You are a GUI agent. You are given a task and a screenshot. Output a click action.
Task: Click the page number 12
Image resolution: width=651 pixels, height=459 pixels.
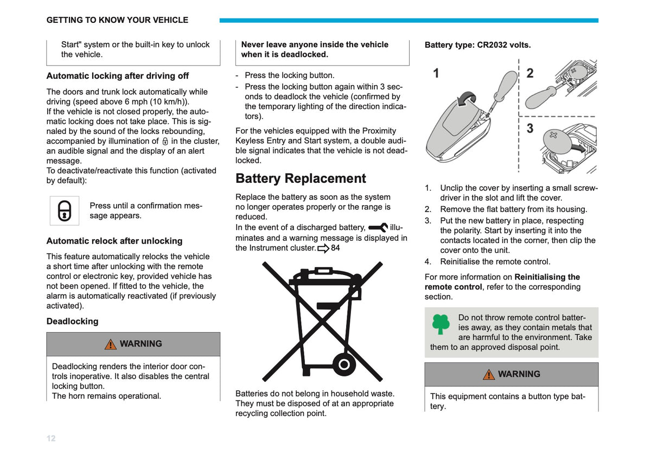(x=51, y=438)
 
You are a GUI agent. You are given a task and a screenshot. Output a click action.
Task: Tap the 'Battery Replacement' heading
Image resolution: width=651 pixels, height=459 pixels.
(x=301, y=178)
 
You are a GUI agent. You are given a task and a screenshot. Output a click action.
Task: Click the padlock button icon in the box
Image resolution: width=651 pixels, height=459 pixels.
(x=65, y=211)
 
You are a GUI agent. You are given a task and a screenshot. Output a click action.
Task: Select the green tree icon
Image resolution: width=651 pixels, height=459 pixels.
(x=441, y=324)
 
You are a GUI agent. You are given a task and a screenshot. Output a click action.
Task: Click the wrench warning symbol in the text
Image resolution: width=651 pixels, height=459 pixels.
(x=378, y=227)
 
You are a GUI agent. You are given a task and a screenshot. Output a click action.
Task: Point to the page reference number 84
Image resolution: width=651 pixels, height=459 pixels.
(x=335, y=248)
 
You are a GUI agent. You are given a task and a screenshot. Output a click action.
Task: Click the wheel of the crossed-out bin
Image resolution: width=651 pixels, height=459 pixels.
(x=344, y=364)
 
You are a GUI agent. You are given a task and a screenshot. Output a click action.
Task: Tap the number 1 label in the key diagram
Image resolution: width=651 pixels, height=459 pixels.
(x=436, y=73)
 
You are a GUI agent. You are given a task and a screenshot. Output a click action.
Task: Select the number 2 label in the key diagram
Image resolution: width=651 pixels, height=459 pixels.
(x=530, y=73)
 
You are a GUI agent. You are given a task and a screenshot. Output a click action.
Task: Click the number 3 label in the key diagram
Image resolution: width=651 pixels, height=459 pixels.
(x=530, y=128)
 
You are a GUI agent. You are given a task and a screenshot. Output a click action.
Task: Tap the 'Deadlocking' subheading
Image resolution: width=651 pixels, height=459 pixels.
(x=72, y=321)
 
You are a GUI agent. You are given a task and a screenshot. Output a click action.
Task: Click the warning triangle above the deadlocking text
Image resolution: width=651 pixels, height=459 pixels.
(x=111, y=344)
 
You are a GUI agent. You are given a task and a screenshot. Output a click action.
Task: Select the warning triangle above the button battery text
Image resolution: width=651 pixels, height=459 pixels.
(x=489, y=374)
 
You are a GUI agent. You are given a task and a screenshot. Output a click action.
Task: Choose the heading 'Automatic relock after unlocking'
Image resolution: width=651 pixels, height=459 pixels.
(x=114, y=241)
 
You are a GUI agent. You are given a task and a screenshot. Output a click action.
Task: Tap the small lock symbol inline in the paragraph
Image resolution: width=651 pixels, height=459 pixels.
(x=165, y=141)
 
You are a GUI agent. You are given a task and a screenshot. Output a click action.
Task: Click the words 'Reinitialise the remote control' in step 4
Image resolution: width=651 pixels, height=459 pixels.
(x=495, y=262)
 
